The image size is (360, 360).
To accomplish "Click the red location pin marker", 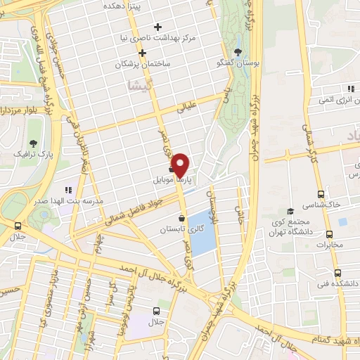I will (x=181, y=165).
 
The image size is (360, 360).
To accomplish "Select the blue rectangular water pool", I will (x=202, y=233).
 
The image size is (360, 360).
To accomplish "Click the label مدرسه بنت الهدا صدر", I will (x=69, y=200).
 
